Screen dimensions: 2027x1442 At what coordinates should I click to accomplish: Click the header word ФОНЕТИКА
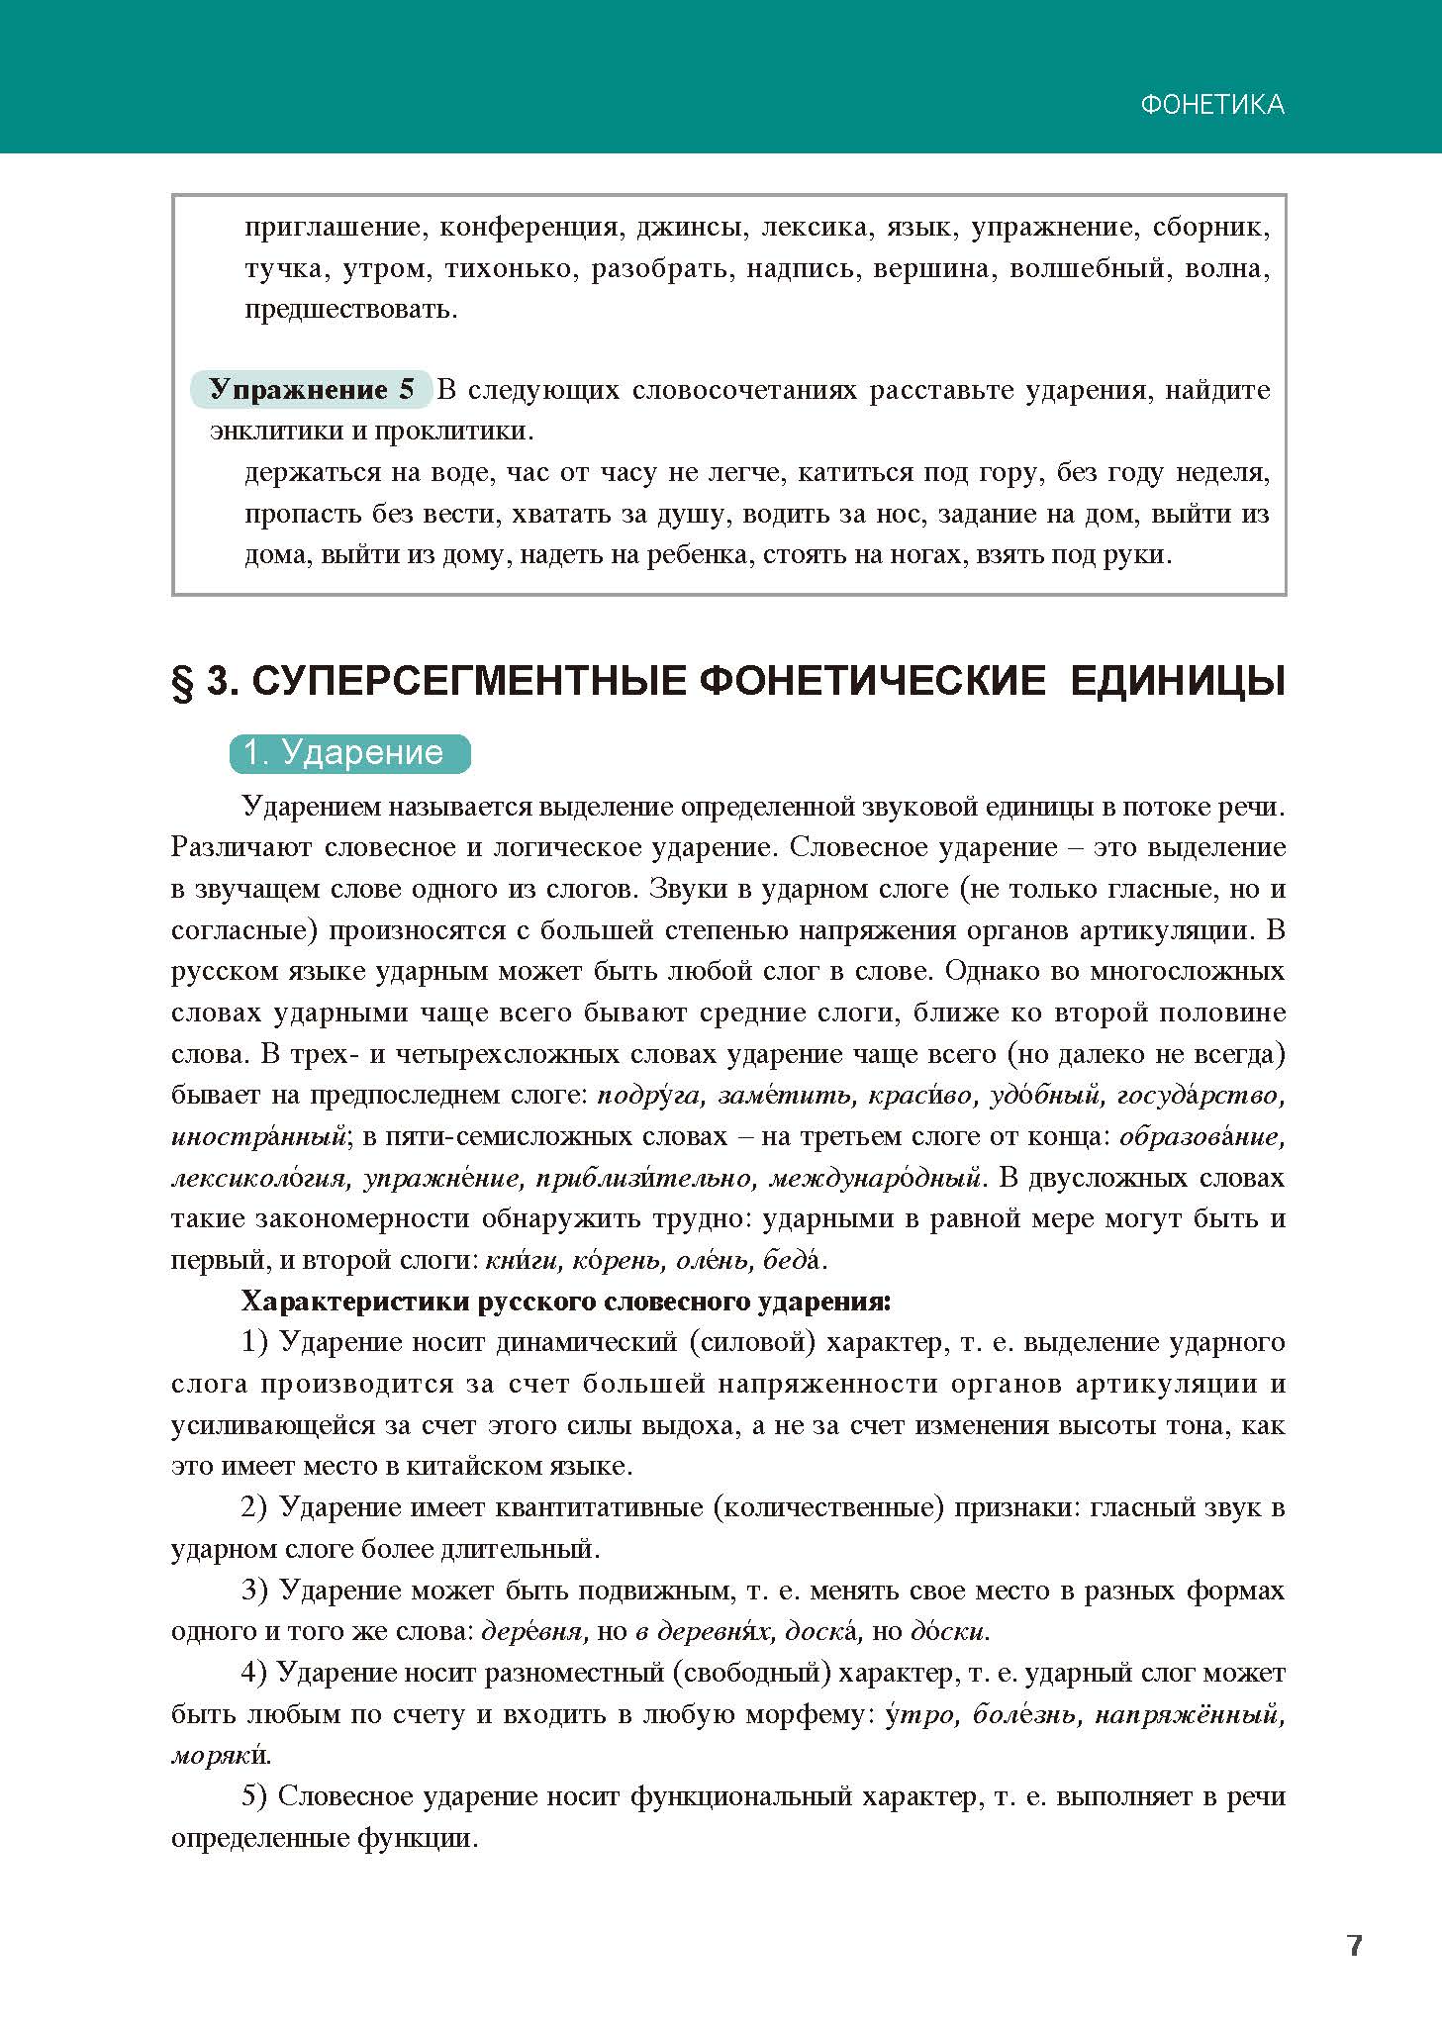pyautogui.click(x=1212, y=105)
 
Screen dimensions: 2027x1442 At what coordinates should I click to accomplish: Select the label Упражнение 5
pyautogui.click(x=311, y=390)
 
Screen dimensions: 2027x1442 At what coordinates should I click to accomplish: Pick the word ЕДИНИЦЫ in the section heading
pyautogui.click(x=1178, y=683)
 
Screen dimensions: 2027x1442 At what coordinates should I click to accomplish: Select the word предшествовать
pyautogui.click(x=351, y=310)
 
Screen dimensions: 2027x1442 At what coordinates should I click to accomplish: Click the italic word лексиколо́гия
pyautogui.click(x=258, y=1179)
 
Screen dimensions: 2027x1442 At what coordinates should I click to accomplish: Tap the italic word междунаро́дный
pyautogui.click(x=874, y=1179)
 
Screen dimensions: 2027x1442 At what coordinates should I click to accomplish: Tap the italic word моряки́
pyautogui.click(x=221, y=1756)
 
